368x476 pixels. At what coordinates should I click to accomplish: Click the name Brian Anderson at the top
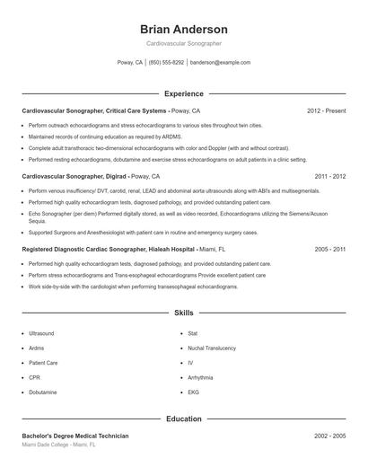[184, 29]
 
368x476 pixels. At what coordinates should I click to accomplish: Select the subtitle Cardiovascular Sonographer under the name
[184, 43]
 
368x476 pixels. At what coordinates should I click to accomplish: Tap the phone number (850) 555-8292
[166, 63]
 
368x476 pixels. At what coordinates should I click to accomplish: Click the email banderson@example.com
[220, 63]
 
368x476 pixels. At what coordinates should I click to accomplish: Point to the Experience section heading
[184, 93]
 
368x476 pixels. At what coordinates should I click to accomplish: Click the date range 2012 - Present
[326, 110]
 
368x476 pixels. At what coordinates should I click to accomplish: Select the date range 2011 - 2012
[328, 177]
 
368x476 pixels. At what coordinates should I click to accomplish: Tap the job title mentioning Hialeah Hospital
[110, 249]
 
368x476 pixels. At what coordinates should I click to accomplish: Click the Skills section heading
[184, 313]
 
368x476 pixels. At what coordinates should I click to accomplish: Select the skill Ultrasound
[42, 333]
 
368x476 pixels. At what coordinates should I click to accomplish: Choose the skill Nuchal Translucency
[212, 348]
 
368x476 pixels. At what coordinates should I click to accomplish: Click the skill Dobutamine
[43, 392]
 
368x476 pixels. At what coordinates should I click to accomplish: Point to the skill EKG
[193, 392]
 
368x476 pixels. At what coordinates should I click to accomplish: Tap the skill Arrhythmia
[201, 377]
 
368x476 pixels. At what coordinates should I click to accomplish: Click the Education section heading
[184, 419]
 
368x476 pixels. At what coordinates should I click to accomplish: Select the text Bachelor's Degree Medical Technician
[75, 436]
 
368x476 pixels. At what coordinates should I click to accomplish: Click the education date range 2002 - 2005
[329, 436]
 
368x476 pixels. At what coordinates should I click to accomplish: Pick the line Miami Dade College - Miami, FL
[60, 445]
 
